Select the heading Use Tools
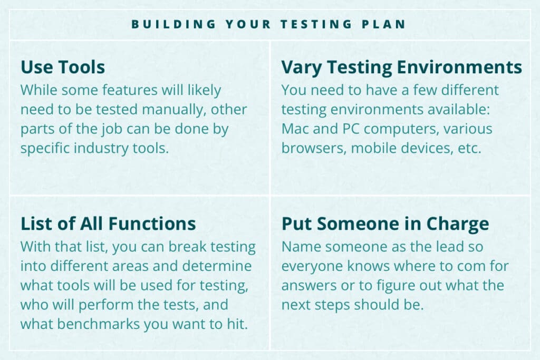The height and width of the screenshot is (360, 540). (63, 67)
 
